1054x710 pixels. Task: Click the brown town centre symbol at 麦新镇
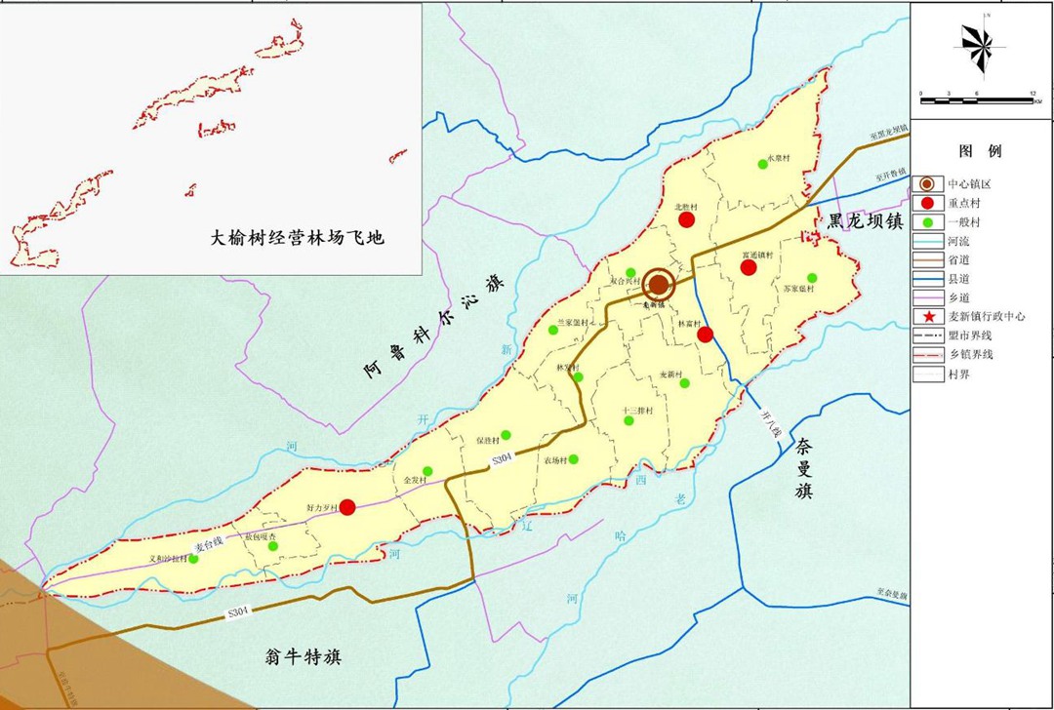(660, 284)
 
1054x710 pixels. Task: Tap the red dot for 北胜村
(687, 219)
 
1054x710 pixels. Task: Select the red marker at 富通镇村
(749, 267)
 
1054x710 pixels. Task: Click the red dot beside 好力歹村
(346, 506)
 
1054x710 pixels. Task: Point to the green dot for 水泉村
(763, 165)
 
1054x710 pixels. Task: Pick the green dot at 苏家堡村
(811, 278)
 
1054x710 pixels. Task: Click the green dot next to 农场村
(573, 459)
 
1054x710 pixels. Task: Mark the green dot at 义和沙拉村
(193, 559)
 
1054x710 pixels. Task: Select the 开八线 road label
(771, 423)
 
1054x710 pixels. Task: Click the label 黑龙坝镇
(867, 219)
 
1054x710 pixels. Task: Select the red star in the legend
(925, 317)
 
